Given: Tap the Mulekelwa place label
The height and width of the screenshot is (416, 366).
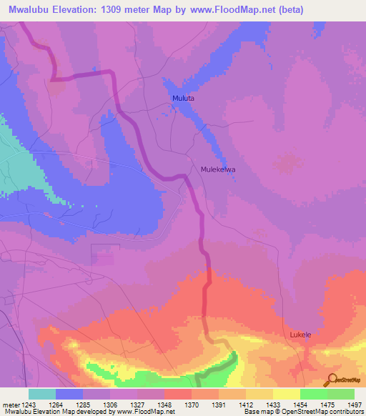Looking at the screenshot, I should coord(218,170).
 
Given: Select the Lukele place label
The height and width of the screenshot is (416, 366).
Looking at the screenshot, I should coord(301,334).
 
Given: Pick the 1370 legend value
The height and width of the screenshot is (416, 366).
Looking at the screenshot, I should coord(192,404).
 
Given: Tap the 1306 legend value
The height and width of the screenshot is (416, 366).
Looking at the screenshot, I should coord(110,404).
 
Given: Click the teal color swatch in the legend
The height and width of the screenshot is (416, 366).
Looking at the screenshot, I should coord(42,394).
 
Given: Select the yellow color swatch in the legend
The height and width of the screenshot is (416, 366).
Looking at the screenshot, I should coord(286,394).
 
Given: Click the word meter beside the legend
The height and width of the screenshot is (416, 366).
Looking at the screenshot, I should coord(10,404).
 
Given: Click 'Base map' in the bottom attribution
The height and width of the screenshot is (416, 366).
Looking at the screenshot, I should coord(258,412).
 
